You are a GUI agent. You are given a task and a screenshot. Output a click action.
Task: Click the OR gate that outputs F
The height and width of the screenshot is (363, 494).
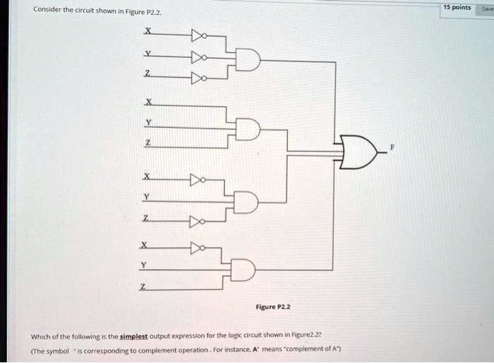[360, 151]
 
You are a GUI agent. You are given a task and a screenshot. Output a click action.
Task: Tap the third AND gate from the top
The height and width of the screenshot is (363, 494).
[246, 203]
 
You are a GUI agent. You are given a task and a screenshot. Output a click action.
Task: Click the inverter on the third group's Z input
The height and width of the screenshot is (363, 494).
[197, 223]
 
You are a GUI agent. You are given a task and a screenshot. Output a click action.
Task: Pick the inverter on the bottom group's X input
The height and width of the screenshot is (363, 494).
[198, 248]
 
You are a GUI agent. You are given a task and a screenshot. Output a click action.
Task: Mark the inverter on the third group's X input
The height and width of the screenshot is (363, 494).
[198, 181]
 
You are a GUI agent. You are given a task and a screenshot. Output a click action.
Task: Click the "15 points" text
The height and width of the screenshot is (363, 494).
[457, 7]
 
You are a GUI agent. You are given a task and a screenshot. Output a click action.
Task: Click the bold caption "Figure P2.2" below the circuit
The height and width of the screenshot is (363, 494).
[274, 307]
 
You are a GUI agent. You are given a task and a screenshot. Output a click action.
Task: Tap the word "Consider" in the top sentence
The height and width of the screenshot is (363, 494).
[47, 12]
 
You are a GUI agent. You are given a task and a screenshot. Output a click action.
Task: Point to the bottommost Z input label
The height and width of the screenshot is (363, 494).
[143, 286]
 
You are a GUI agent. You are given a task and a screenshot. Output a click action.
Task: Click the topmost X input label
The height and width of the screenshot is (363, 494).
[147, 30]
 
